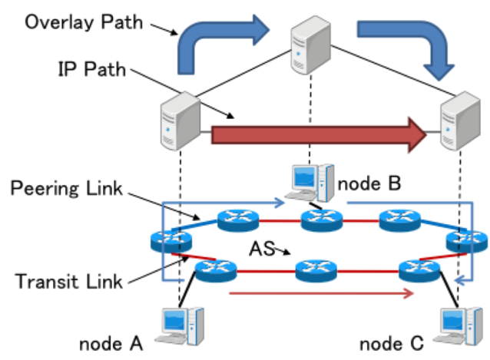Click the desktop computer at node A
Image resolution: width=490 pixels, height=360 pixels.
coord(182,326)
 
